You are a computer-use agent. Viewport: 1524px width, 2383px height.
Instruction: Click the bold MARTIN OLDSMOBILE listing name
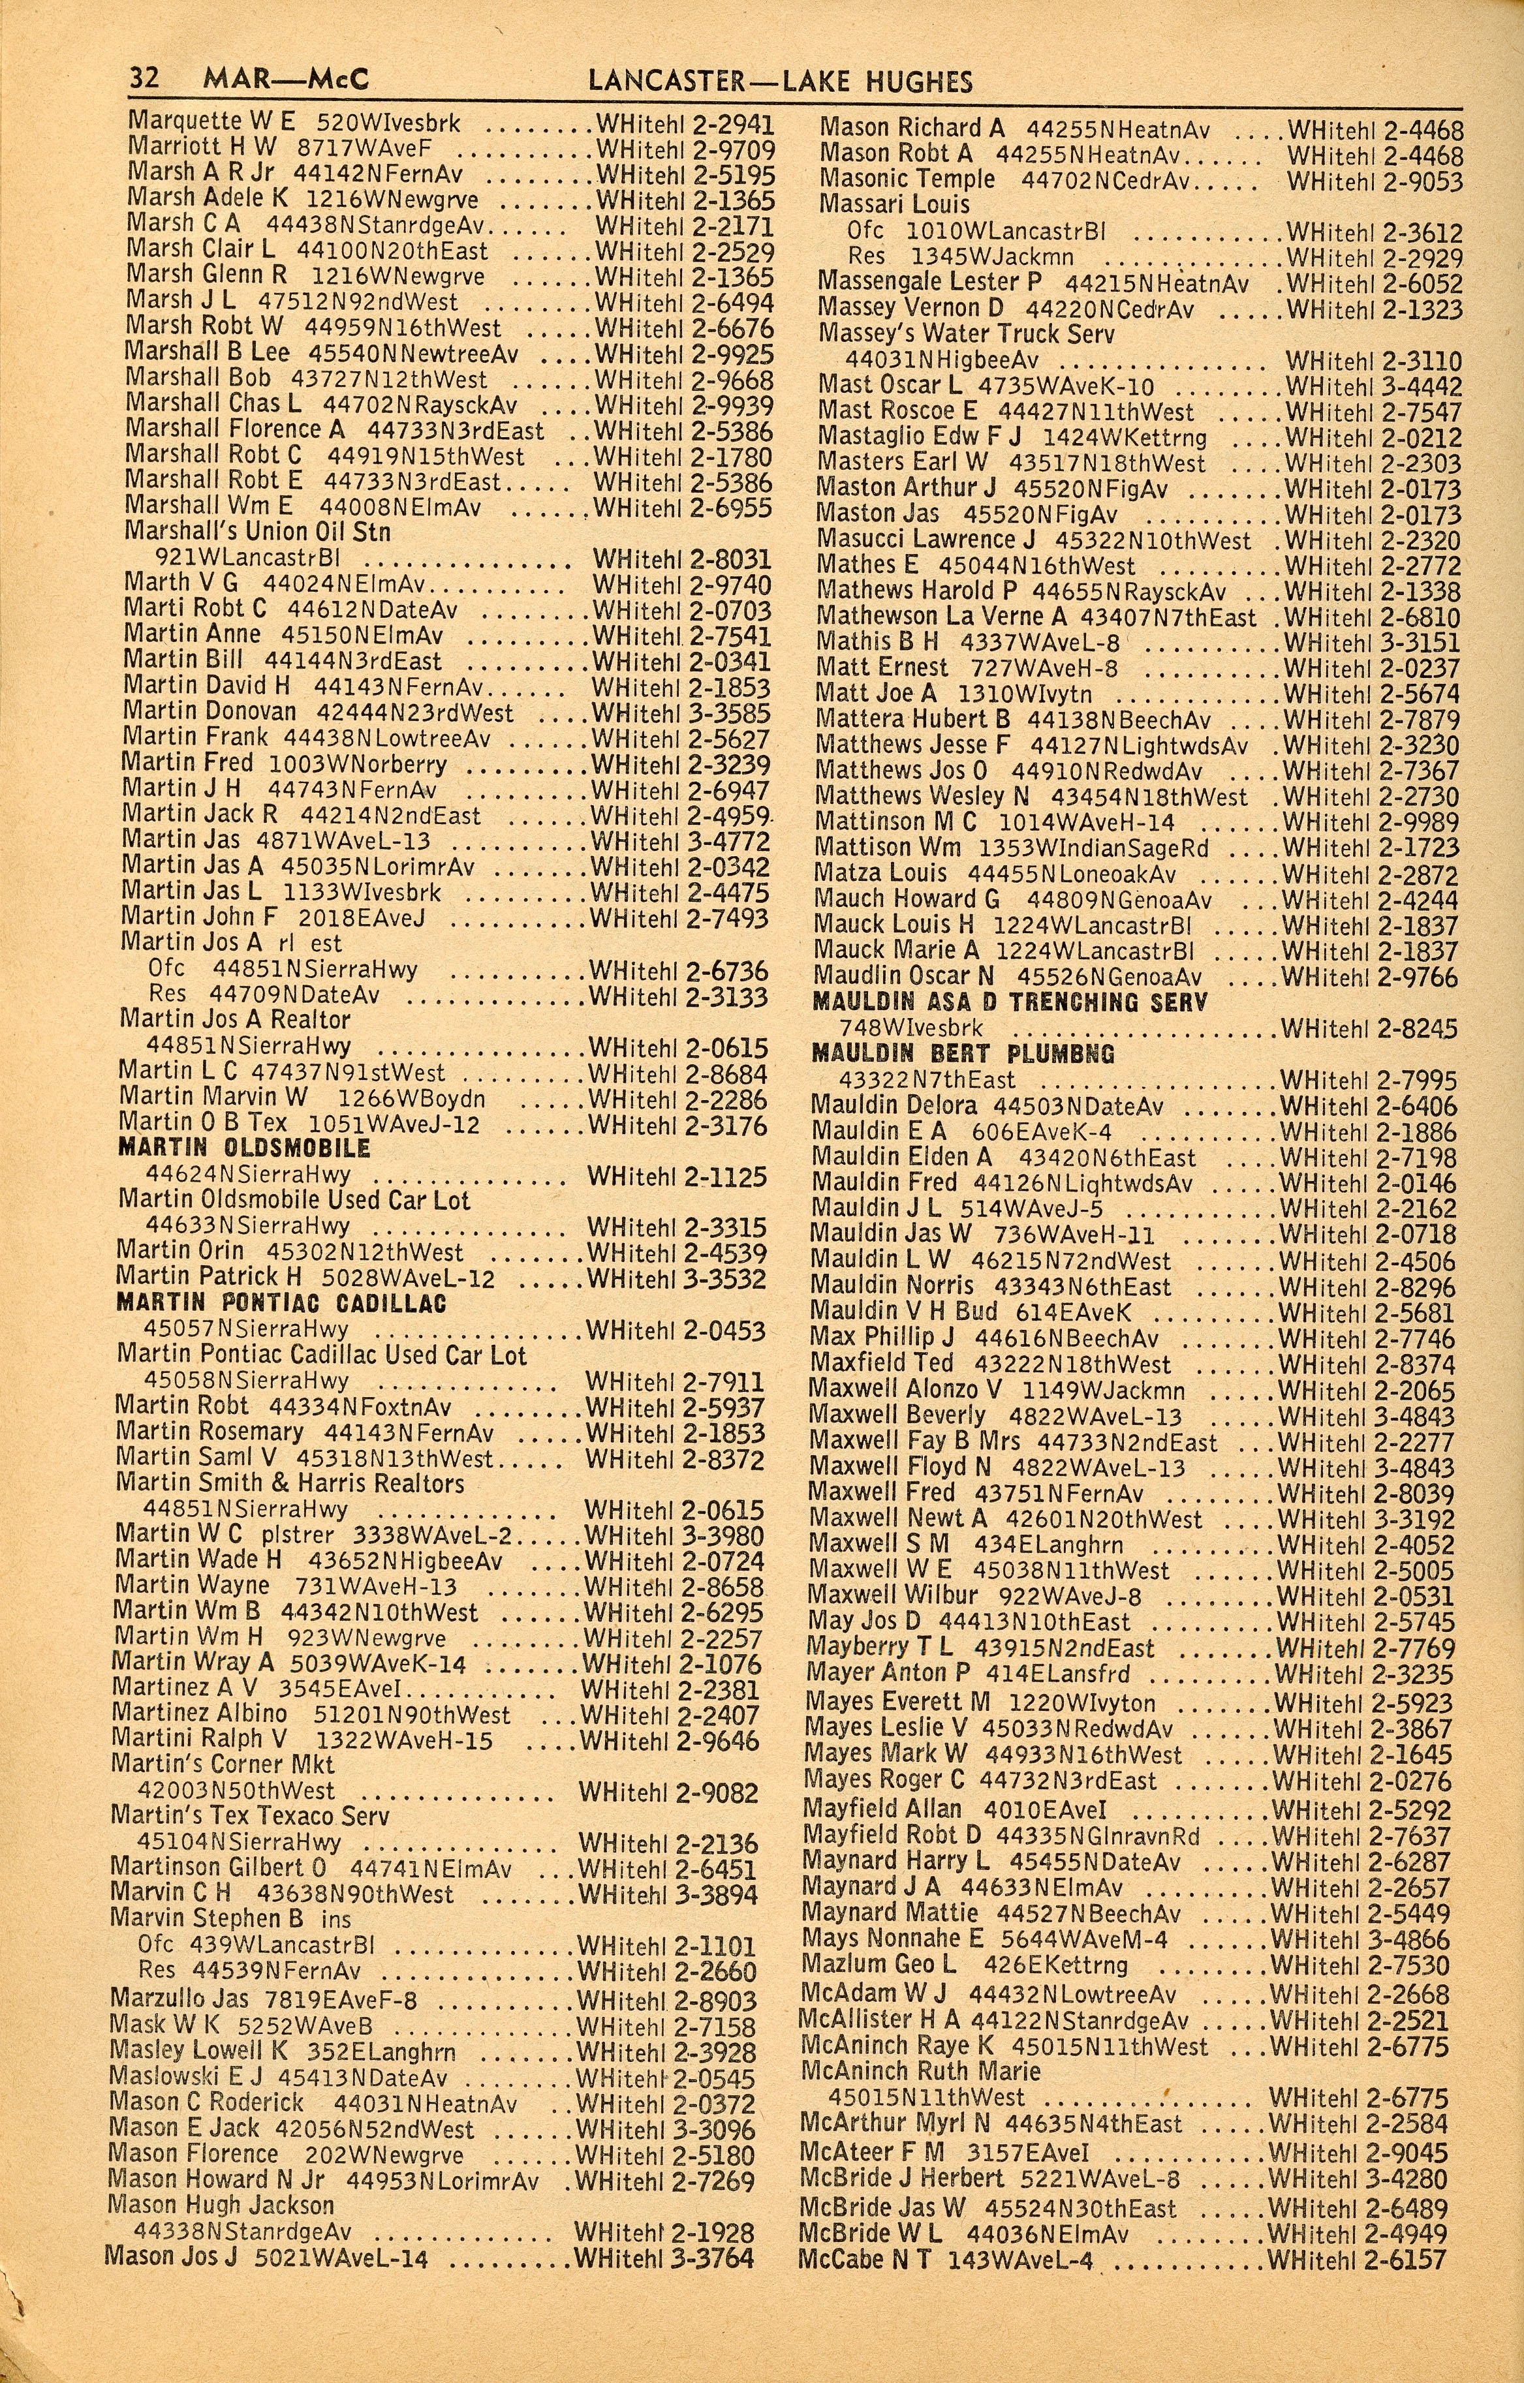243,1148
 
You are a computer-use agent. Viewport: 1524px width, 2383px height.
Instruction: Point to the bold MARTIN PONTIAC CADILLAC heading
281,1303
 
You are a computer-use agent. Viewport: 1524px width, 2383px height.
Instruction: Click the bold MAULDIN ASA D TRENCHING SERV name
1010,1002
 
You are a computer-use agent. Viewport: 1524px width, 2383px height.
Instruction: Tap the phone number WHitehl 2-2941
685,125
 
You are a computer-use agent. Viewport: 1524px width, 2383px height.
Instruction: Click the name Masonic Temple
907,179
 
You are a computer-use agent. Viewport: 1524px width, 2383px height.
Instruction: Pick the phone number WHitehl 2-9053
1375,180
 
